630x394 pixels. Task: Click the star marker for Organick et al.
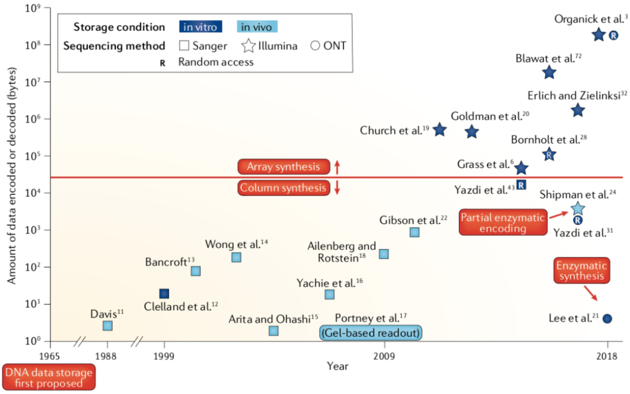pyautogui.click(x=598, y=35)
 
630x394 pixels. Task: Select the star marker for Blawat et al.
pyautogui.click(x=549, y=72)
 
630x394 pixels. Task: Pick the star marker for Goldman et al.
pyautogui.click(x=472, y=131)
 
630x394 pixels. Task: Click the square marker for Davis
pyautogui.click(x=107, y=326)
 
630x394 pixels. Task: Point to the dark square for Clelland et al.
pyautogui.click(x=164, y=294)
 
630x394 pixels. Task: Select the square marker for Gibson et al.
pyautogui.click(x=414, y=232)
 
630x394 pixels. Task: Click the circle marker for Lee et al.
pyautogui.click(x=607, y=319)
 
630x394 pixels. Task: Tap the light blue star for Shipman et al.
pyautogui.click(x=577, y=208)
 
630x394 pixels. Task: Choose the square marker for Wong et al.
pyautogui.click(x=236, y=257)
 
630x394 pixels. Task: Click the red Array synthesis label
pyautogui.click(x=283, y=167)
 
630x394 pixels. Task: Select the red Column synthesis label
pyautogui.click(x=283, y=188)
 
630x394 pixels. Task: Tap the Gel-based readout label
pyautogui.click(x=370, y=332)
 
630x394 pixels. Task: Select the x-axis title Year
pyautogui.click(x=337, y=366)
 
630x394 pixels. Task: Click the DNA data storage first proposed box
pyautogui.click(x=49, y=377)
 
